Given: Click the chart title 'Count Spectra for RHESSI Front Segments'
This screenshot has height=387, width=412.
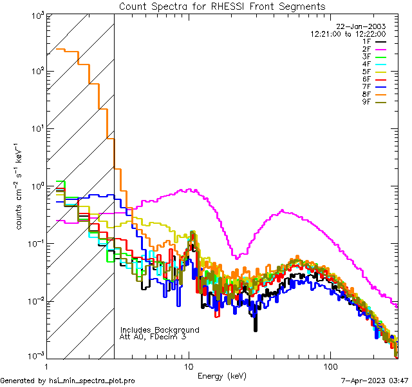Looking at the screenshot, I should pos(222,6).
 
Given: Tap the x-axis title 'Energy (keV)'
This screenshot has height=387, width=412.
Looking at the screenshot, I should pos(222,376).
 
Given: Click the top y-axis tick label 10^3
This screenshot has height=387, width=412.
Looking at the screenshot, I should pos(36,15).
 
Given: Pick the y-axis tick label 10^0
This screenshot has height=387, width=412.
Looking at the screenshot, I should pos(36,186).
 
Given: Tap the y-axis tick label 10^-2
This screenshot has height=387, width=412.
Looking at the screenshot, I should pos(35,301).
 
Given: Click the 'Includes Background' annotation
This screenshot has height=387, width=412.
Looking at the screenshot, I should pos(160,330).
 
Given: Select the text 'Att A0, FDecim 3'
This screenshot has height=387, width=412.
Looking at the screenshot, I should pos(153,337).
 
